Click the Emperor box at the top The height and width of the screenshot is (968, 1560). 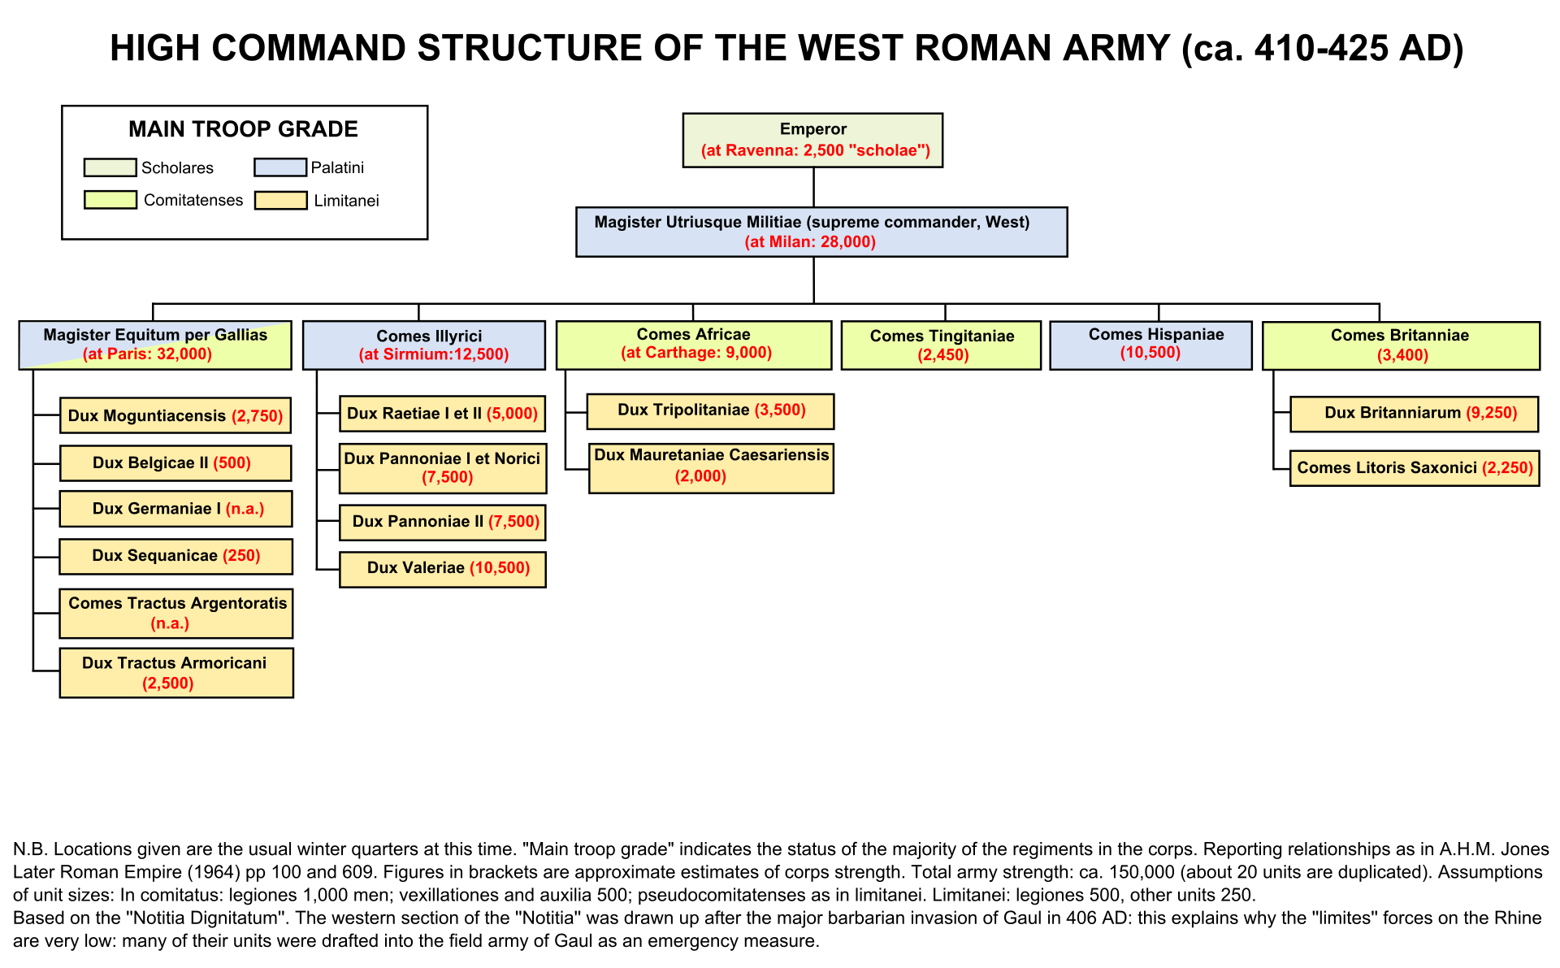[x=812, y=141]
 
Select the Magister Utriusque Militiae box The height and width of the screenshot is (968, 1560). [x=821, y=232]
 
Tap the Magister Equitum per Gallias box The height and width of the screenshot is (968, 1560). [x=155, y=345]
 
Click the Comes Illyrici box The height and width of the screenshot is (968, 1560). [x=423, y=345]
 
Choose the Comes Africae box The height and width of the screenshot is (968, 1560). [x=693, y=345]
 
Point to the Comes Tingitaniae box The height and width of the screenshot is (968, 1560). [x=941, y=345]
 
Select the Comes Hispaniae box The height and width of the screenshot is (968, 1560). [x=1150, y=345]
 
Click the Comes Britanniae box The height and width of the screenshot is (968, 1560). [x=1401, y=345]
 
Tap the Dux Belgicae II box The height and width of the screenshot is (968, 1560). [x=175, y=463]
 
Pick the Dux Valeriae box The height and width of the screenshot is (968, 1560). [x=443, y=569]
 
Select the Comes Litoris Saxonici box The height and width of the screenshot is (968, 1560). [x=1414, y=468]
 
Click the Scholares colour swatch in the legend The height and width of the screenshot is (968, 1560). [x=110, y=168]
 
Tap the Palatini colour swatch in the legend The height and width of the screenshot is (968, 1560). [x=279, y=168]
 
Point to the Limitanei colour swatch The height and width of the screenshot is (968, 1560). [x=280, y=201]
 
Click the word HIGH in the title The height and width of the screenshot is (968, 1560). [x=155, y=49]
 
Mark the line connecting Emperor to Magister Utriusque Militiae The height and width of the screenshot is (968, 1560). [x=813, y=187]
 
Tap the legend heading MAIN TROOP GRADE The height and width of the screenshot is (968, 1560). [x=243, y=129]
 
